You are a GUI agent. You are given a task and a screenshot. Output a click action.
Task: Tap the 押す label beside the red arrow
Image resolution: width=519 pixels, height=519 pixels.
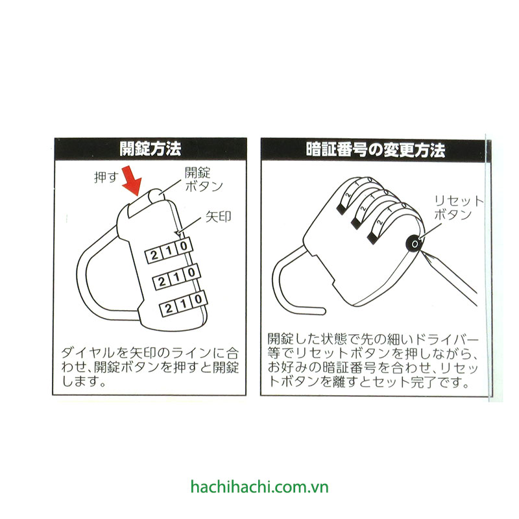pos(106,177)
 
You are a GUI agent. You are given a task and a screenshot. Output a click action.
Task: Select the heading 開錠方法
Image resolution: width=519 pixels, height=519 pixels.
pos(151,149)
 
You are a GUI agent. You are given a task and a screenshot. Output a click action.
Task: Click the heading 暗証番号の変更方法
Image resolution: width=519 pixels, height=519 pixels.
pos(376,150)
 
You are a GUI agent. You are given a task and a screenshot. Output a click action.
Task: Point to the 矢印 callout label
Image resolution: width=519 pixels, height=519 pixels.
pos(218,217)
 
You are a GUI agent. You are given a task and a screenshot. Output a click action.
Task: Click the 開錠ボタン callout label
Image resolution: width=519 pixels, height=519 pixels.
pos(204,179)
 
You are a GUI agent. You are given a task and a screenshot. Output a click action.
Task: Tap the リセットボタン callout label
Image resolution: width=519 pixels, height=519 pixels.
pos(459,208)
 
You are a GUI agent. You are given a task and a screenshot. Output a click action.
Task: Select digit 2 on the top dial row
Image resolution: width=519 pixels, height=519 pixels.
pos(153,255)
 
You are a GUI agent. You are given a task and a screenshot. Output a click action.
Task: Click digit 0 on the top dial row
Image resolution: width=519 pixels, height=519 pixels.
pos(184,247)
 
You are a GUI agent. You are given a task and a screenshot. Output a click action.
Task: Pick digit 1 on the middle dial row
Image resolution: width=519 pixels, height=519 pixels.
pos(176,277)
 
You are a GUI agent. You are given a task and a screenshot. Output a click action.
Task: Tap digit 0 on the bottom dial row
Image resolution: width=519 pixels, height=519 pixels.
pos(199,300)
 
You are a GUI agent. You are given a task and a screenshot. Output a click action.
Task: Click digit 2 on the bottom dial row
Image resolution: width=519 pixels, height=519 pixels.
pos(169,309)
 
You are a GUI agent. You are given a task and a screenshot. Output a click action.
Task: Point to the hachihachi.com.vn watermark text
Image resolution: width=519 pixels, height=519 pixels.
pos(259,487)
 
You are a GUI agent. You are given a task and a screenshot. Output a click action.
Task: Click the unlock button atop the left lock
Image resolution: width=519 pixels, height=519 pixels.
pos(155,195)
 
